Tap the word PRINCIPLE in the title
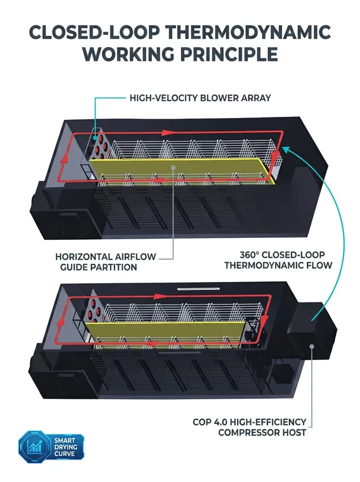[229, 54]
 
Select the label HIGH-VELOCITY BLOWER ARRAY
[200, 98]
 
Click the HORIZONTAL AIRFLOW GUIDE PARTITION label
[106, 262]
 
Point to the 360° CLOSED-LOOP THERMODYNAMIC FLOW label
[278, 260]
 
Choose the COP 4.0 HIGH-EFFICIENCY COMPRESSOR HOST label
[250, 427]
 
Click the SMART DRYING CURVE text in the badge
[66, 447]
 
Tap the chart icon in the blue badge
[35, 446]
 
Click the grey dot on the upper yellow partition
[173, 167]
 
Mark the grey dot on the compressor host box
[312, 346]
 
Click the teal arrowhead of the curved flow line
[286, 149]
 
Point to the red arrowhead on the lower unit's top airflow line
[160, 296]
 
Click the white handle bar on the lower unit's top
[198, 289]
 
